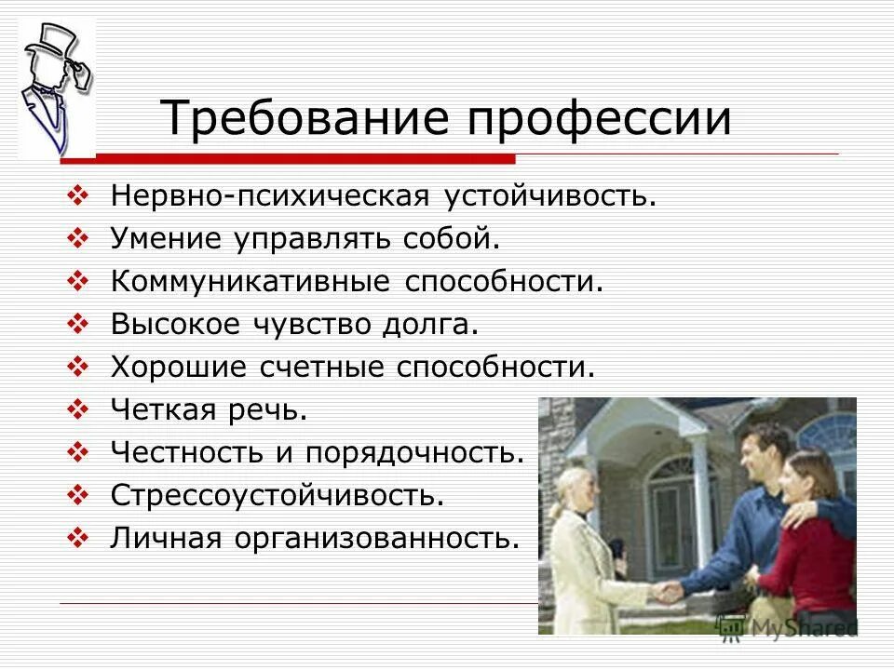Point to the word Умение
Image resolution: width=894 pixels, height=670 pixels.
[170, 239]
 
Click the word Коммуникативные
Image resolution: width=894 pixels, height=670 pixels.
[251, 281]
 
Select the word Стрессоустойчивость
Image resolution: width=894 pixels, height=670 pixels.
[277, 494]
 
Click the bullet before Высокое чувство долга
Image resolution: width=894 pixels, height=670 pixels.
[79, 323]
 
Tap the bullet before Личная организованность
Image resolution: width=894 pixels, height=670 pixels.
[79, 537]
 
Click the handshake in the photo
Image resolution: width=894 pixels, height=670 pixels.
[665, 590]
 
